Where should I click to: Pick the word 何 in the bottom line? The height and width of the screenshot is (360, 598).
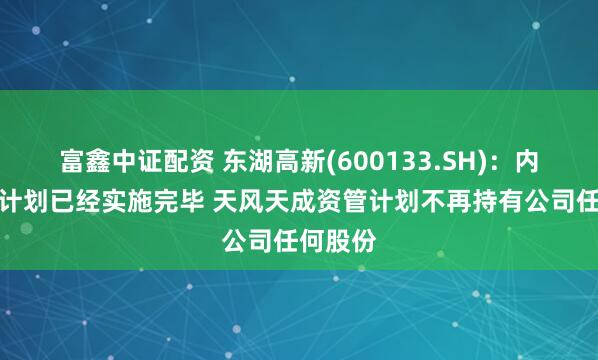tap(312, 242)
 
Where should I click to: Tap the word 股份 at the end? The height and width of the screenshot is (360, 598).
tap(351, 242)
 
